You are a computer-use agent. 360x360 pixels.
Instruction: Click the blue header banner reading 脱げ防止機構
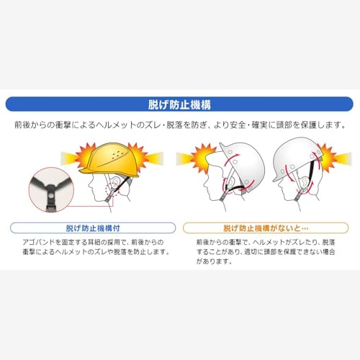coord(180,103)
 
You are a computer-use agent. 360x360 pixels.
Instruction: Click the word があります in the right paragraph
coord(213,262)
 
